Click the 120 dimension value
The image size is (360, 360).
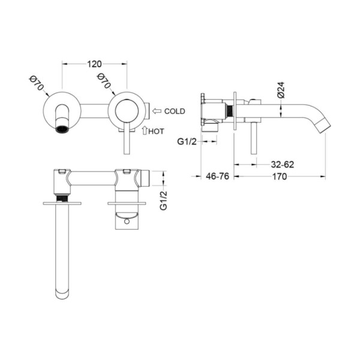(x=94, y=64)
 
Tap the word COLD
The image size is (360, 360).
(x=175, y=112)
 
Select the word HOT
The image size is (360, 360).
(x=156, y=131)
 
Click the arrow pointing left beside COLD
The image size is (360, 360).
(x=157, y=112)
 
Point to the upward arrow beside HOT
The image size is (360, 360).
(x=145, y=130)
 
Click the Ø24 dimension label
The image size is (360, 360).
(x=281, y=90)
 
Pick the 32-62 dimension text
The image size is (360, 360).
(x=283, y=164)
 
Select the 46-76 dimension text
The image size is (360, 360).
(x=217, y=176)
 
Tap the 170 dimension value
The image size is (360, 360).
(x=280, y=176)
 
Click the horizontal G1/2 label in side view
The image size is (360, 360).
(x=187, y=142)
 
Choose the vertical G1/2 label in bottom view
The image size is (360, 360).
(x=163, y=200)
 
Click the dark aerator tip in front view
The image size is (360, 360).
(x=62, y=129)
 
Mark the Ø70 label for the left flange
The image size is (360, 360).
(x=37, y=83)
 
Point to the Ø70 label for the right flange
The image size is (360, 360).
(x=104, y=81)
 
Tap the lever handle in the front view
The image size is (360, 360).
(x=127, y=138)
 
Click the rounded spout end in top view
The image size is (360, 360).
(x=62, y=294)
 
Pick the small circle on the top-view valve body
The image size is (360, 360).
(x=127, y=222)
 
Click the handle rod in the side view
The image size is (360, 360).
(x=253, y=138)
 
